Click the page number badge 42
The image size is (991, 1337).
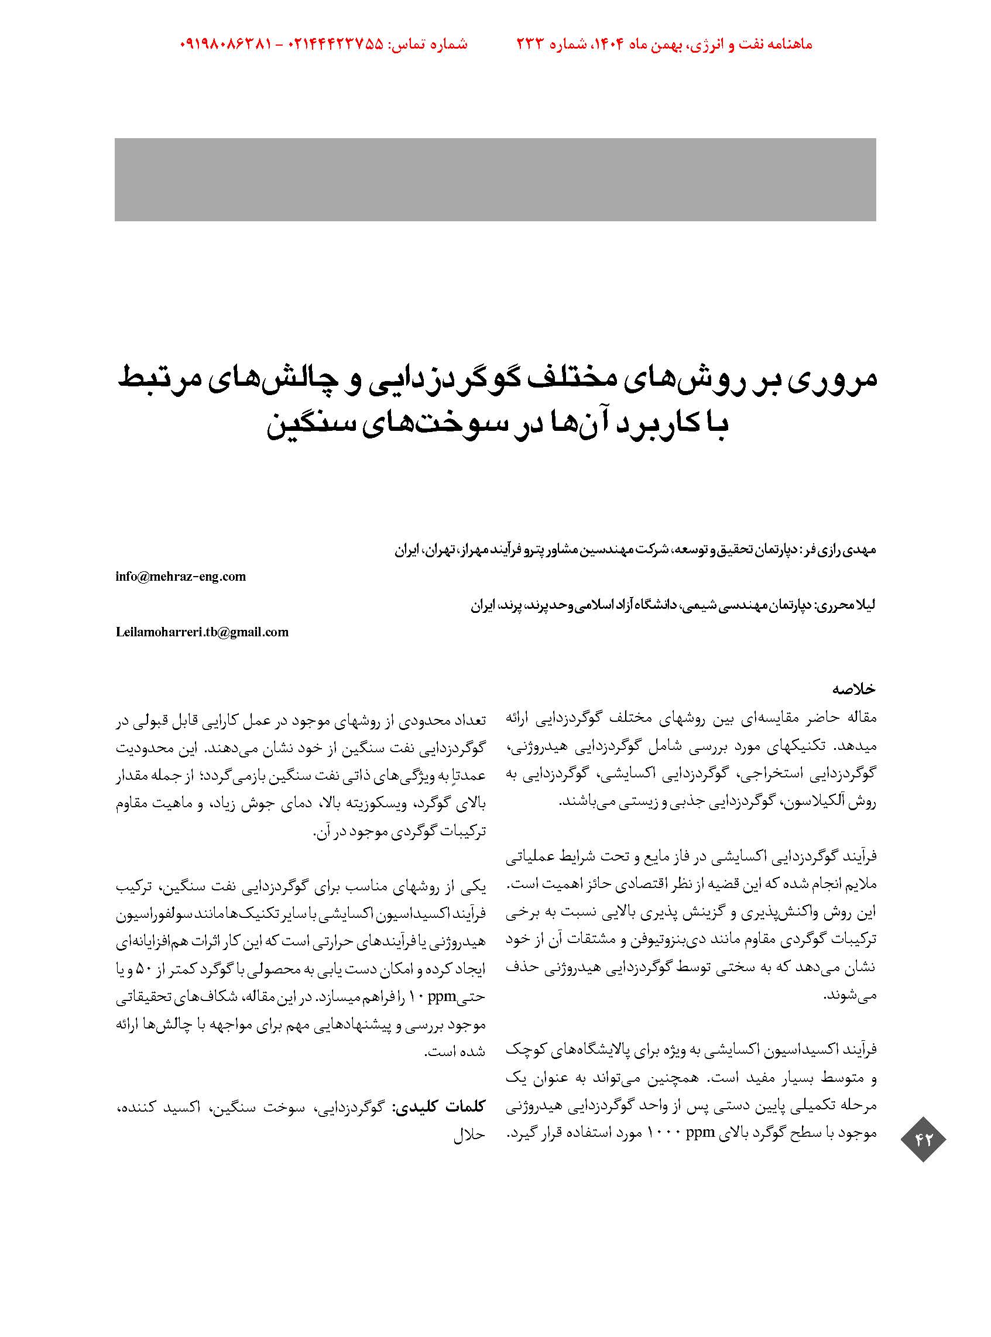(x=923, y=1139)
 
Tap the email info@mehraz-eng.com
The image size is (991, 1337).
(x=180, y=577)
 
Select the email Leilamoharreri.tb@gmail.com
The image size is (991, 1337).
(x=202, y=632)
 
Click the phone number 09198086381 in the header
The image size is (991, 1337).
(x=226, y=44)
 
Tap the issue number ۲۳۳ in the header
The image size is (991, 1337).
(x=530, y=44)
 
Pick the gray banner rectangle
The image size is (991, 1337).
(x=495, y=179)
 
